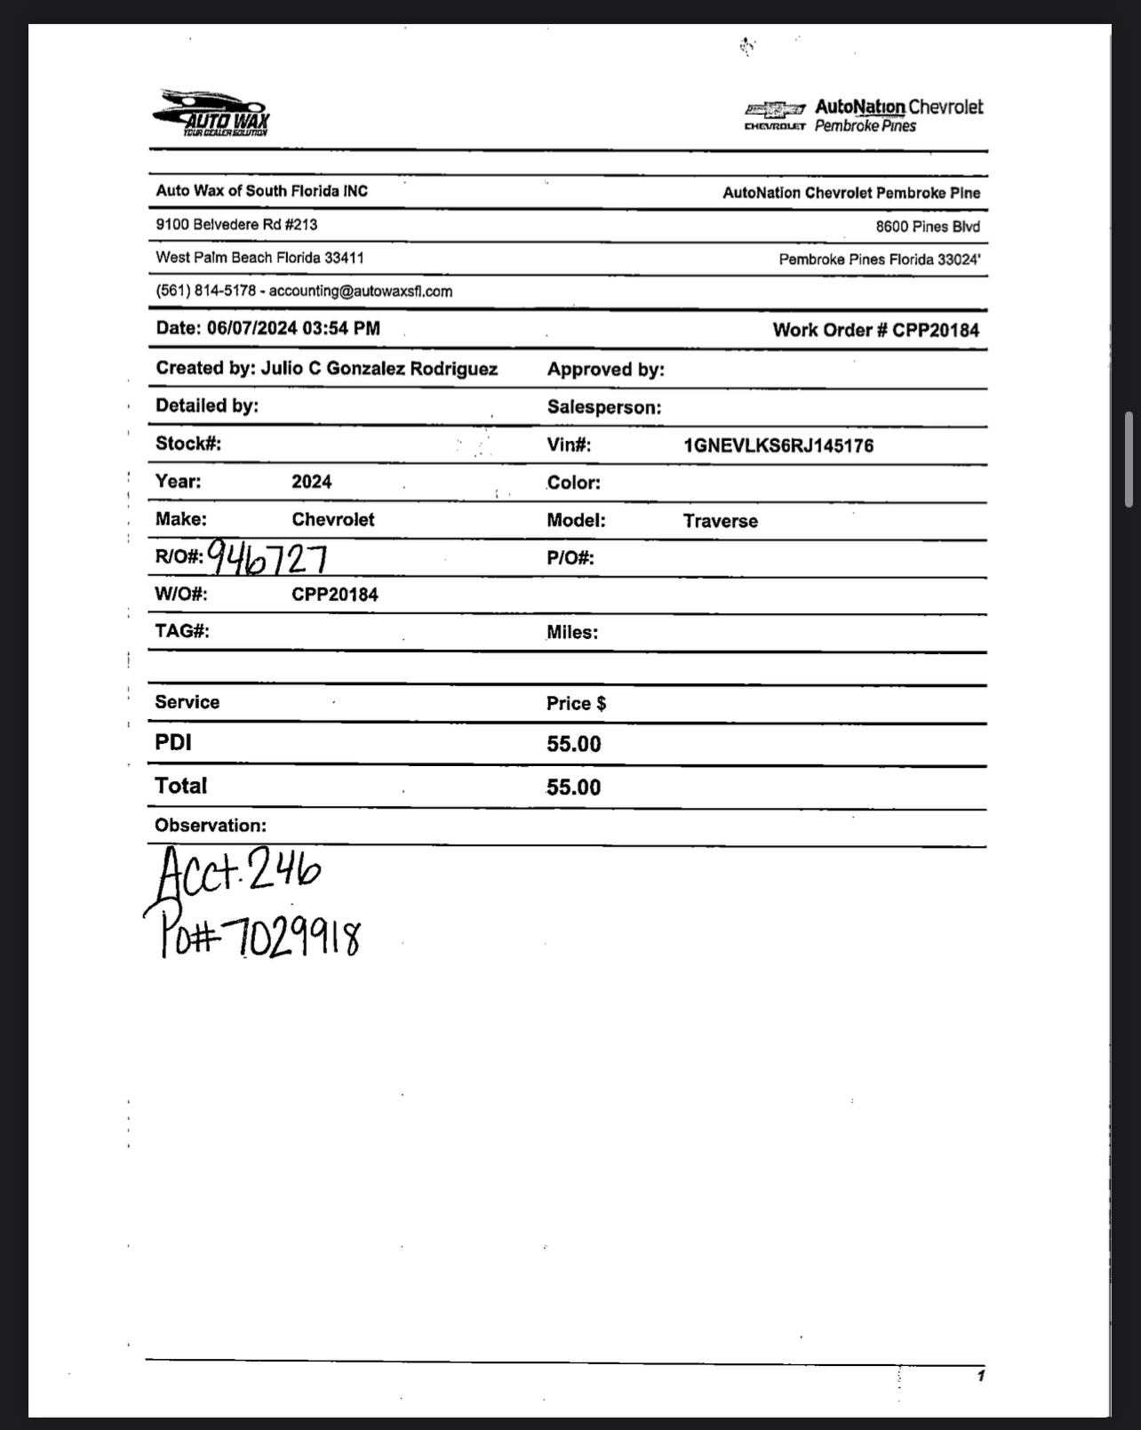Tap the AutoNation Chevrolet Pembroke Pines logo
point(864,116)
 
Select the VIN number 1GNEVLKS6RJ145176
point(778,446)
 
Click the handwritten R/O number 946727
point(267,558)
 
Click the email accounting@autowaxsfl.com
point(361,292)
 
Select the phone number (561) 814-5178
point(205,292)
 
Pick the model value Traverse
point(720,522)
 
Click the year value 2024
point(311,483)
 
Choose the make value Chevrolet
point(332,520)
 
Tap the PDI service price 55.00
point(573,745)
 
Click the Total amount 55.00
point(573,787)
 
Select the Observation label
point(210,826)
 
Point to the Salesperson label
point(603,408)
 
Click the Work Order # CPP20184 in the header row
point(875,331)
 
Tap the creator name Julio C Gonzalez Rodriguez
point(379,369)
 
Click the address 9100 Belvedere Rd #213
point(236,225)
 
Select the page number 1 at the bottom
point(980,1376)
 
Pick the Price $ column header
point(576,704)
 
